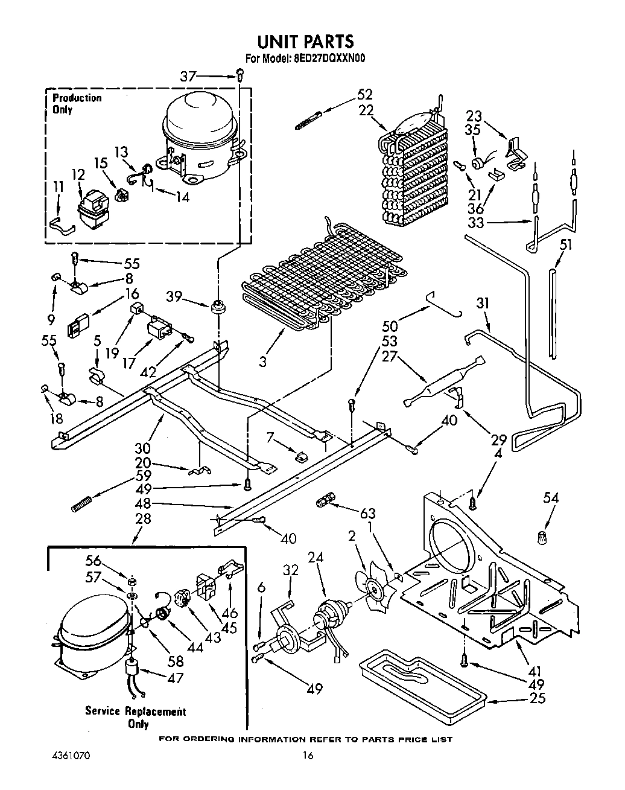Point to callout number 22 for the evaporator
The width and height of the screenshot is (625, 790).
click(366, 110)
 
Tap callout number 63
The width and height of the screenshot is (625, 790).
click(367, 514)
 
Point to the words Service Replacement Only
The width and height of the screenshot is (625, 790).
click(135, 718)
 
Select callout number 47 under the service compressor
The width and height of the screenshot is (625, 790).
click(176, 678)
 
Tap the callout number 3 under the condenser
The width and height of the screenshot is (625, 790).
click(263, 362)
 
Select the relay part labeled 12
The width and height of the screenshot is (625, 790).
click(90, 208)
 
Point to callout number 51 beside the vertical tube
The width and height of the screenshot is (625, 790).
click(565, 244)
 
